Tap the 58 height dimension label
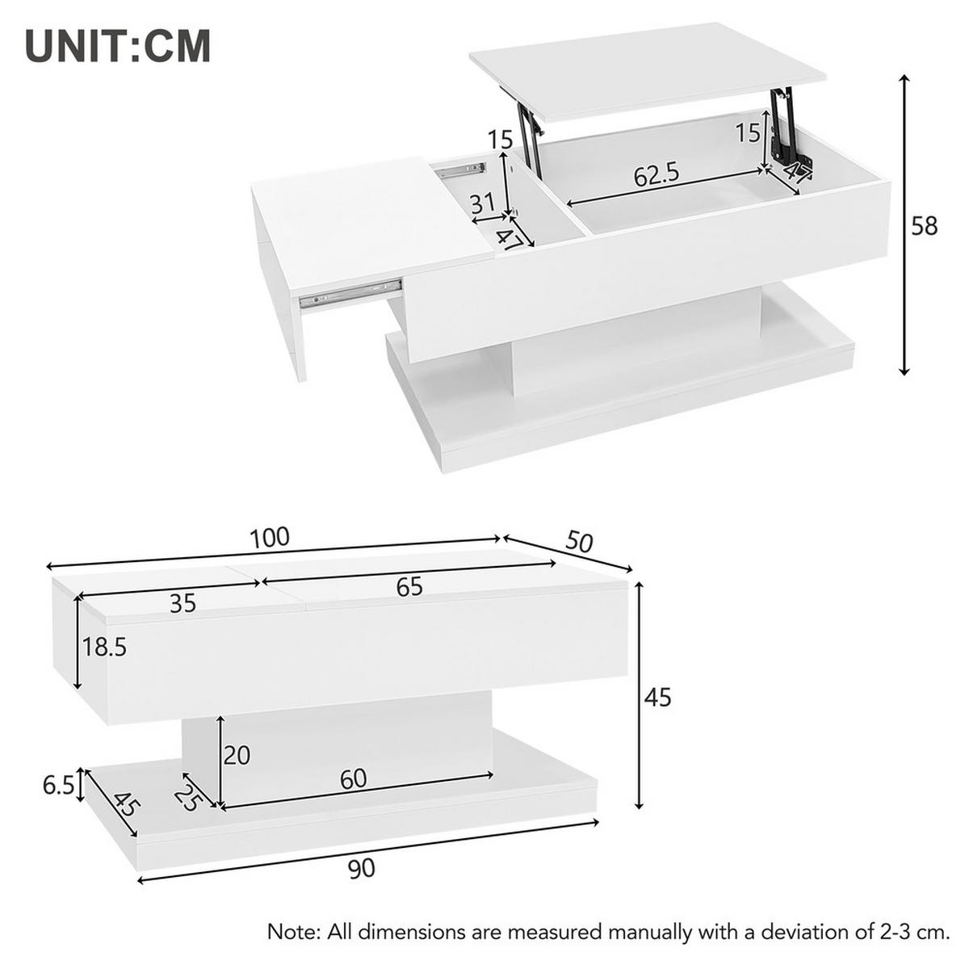pyautogui.click(x=925, y=226)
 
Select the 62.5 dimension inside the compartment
pyautogui.click(x=656, y=174)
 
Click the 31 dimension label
pyautogui.click(x=482, y=203)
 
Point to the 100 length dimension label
pyautogui.click(x=269, y=537)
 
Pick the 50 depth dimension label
pyautogui.click(x=579, y=542)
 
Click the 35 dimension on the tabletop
pyautogui.click(x=183, y=602)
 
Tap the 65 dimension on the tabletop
pyautogui.click(x=409, y=587)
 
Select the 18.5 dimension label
pyautogui.click(x=105, y=647)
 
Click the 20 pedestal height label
pyautogui.click(x=237, y=756)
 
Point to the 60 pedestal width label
pyautogui.click(x=353, y=779)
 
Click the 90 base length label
pyautogui.click(x=363, y=869)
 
